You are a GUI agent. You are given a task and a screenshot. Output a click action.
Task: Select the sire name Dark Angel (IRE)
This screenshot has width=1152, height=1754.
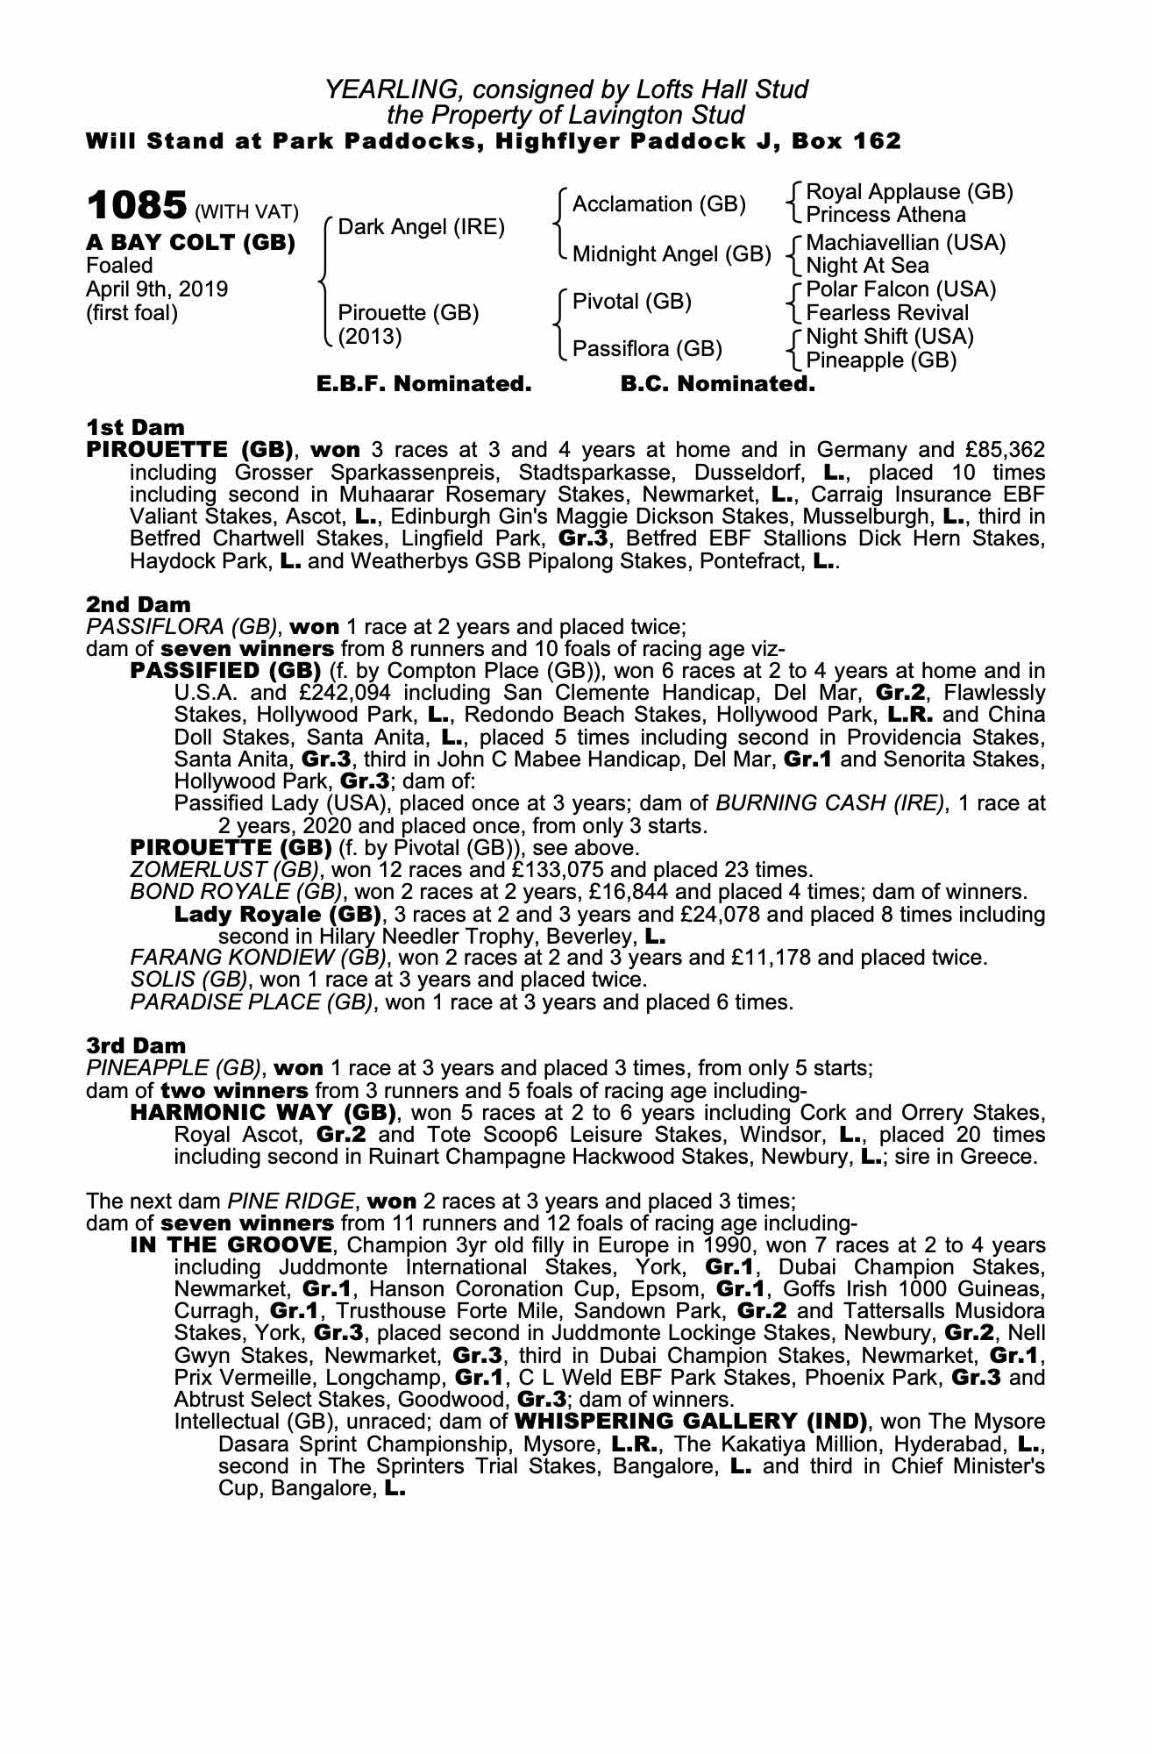(421, 228)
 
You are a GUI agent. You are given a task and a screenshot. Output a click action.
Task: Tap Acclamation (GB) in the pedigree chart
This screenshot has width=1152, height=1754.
(658, 204)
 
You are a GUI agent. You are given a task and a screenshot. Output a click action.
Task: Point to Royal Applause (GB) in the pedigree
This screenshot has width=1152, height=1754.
(909, 192)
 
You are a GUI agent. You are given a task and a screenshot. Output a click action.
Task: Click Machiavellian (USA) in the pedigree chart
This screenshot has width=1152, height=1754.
(906, 243)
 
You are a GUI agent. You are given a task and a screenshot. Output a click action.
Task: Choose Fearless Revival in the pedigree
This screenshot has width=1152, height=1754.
(887, 313)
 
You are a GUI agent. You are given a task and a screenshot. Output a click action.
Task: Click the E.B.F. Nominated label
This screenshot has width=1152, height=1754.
(423, 384)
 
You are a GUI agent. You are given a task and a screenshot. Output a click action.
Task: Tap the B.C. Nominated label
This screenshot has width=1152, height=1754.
(717, 384)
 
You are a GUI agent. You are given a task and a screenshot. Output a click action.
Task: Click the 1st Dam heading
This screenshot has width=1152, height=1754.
(135, 428)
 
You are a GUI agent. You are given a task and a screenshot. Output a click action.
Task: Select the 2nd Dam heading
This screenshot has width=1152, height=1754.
(138, 604)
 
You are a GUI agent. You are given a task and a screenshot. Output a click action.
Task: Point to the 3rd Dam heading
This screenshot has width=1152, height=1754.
(137, 1045)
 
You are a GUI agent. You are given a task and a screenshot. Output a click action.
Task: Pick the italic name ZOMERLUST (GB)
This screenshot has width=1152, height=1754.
(223, 870)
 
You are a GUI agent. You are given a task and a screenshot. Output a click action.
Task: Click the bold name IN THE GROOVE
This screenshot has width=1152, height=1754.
(231, 1245)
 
